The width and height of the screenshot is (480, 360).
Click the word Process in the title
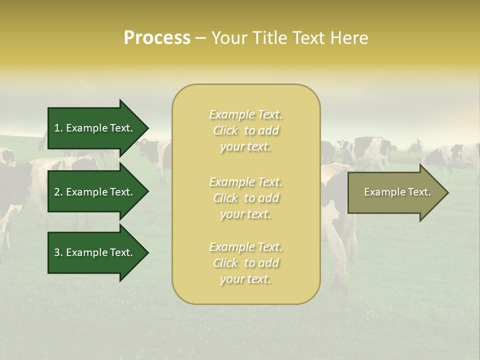click(157, 38)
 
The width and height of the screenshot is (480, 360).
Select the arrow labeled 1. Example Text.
click(95, 128)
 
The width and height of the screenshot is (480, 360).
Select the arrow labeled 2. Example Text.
click(95, 192)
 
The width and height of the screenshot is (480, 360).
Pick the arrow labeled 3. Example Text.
click(95, 252)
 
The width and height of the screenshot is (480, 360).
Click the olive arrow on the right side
click(395, 192)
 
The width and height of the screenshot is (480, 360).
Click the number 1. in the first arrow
click(58, 128)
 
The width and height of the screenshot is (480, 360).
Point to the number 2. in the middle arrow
click(58, 192)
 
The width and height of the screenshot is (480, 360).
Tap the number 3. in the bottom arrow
click(58, 252)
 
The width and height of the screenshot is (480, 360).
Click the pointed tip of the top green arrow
click(147, 128)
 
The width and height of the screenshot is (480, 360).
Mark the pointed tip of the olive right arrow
click(447, 192)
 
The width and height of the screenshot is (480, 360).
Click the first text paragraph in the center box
click(245, 130)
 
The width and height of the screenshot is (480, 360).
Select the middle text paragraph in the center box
click(245, 198)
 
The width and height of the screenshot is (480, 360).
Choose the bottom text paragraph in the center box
click(245, 263)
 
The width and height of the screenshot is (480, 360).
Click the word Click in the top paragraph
click(225, 130)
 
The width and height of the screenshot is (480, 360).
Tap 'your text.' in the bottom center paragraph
click(245, 279)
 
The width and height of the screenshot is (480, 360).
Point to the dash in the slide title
click(200, 38)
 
